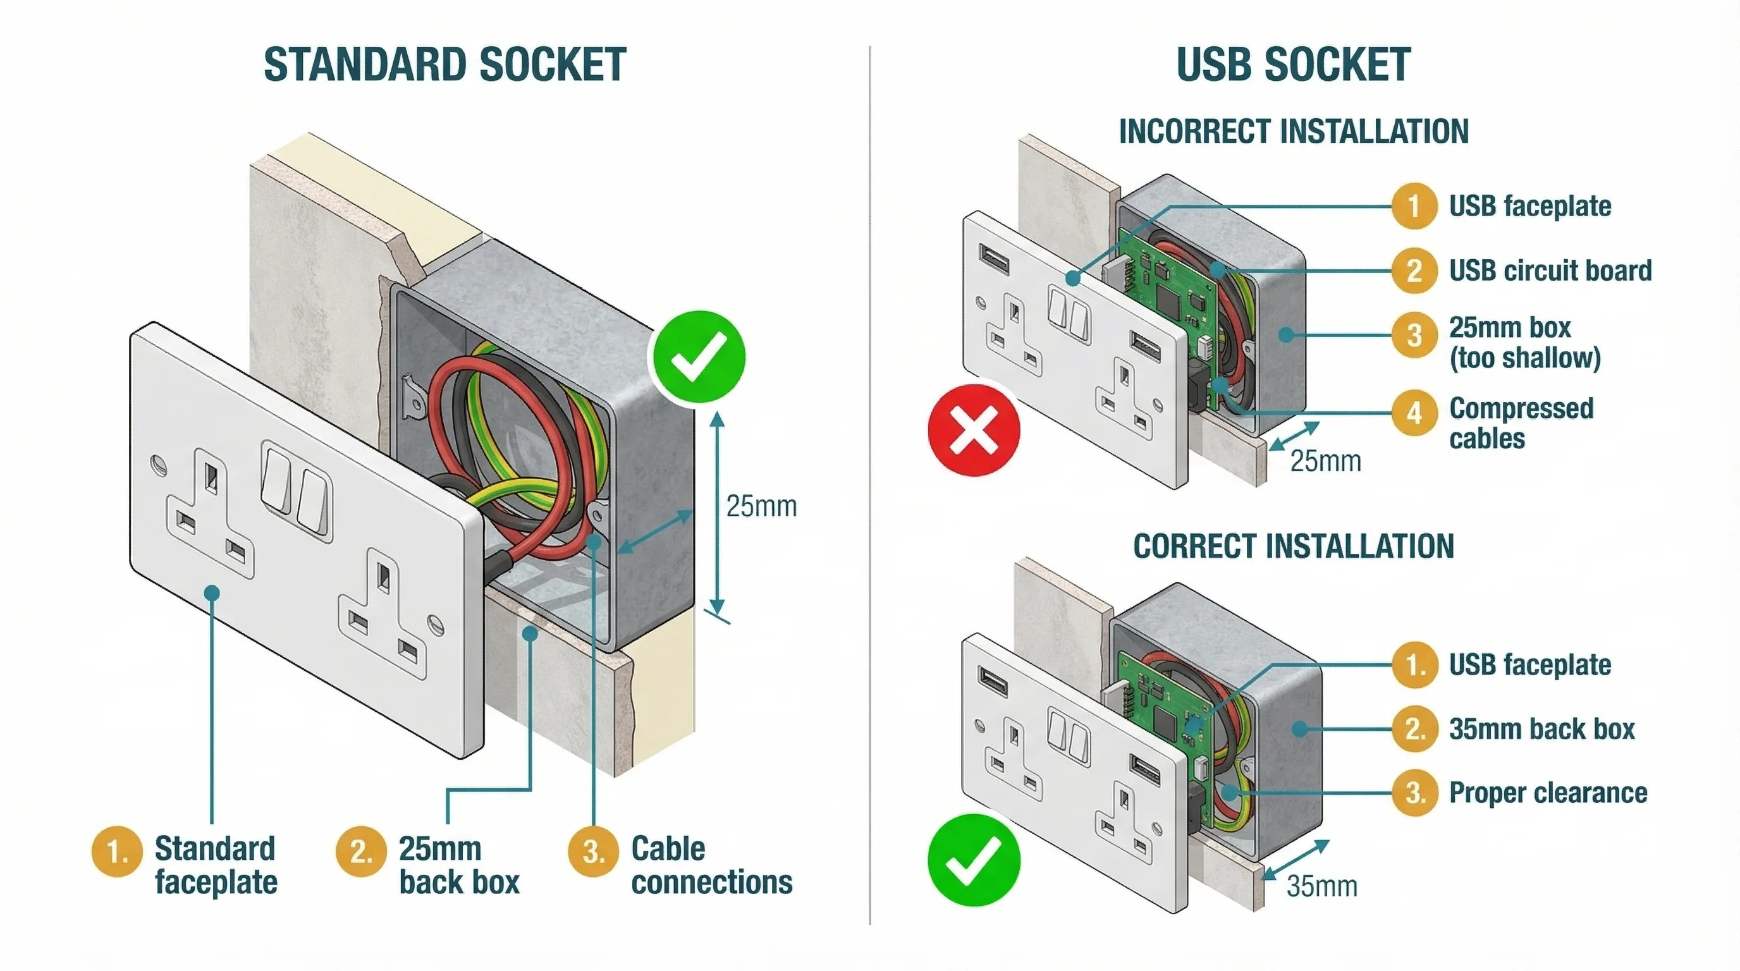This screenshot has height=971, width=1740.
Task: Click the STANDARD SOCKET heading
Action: [x=444, y=66]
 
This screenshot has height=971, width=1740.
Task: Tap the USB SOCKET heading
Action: [x=1293, y=66]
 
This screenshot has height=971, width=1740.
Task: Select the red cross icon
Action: [x=973, y=430]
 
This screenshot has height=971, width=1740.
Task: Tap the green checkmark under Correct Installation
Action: [x=973, y=860]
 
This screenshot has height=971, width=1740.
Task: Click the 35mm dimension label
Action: [x=1321, y=886]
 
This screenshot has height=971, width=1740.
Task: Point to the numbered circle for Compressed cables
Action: [x=1414, y=413]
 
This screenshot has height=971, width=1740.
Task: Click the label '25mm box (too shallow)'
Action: [x=1524, y=343]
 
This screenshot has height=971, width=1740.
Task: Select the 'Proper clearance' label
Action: [x=1548, y=793]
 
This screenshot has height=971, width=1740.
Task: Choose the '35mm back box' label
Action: [x=1541, y=730]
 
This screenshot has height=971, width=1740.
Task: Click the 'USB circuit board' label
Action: [x=1550, y=271]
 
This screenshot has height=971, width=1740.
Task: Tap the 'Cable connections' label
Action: [x=711, y=865]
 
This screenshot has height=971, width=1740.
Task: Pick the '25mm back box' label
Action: [x=458, y=865]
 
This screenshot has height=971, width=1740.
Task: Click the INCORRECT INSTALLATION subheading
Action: [x=1294, y=131]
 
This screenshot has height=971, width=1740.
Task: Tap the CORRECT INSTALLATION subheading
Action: [x=1294, y=546]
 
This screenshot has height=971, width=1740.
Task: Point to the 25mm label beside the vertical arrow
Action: [x=761, y=506]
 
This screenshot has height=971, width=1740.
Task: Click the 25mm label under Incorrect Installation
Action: [x=1325, y=462]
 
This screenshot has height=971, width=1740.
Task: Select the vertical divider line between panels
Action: [x=870, y=486]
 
